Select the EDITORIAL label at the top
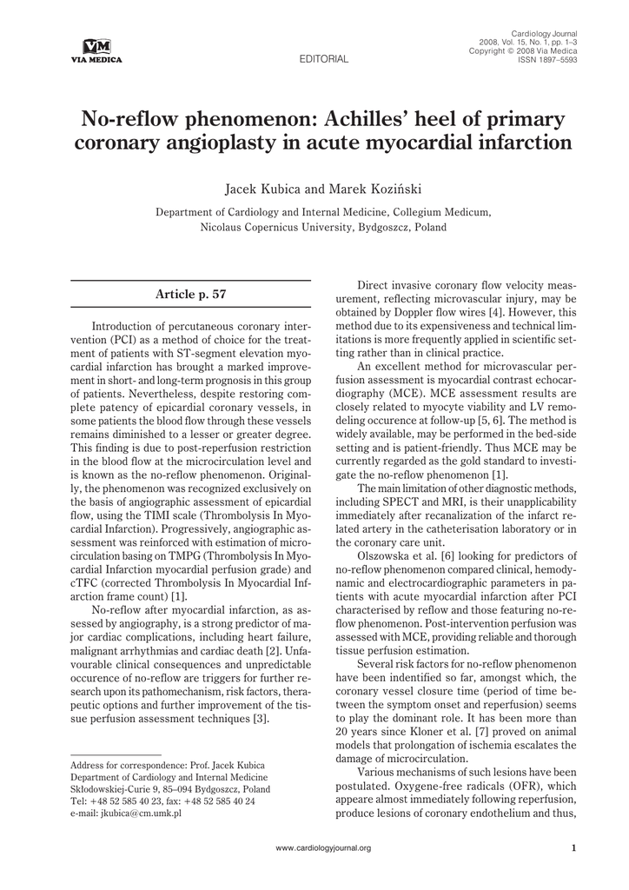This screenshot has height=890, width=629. click(323, 60)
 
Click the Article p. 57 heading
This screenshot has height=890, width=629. click(190, 294)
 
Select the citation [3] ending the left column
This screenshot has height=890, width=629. click(262, 719)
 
